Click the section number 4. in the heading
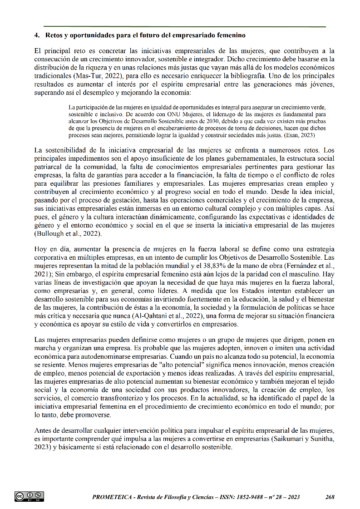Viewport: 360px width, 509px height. (37, 35)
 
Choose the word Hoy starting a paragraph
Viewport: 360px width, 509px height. (40, 249)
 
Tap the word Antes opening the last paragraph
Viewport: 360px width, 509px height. (43, 430)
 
